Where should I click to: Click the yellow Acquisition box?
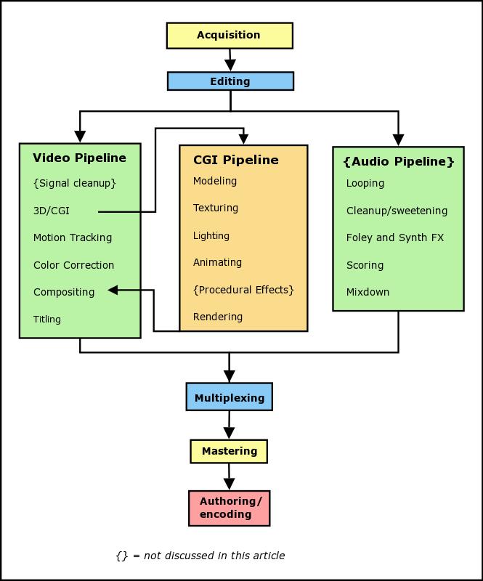click(230, 35)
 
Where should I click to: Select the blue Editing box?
click(230, 81)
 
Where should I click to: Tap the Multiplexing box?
click(230, 398)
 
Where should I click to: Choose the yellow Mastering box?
click(230, 451)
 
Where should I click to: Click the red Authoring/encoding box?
click(230, 508)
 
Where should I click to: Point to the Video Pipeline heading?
click(79, 158)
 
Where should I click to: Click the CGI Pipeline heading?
click(235, 160)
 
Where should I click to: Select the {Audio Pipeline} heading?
click(398, 161)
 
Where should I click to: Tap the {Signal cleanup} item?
click(74, 183)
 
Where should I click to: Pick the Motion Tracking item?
click(73, 237)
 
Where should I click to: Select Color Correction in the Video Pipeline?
click(73, 265)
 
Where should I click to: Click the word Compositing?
click(64, 292)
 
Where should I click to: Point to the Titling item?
click(47, 319)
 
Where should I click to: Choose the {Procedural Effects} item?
click(243, 290)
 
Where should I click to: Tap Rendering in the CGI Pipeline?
click(218, 317)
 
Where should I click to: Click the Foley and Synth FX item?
click(394, 237)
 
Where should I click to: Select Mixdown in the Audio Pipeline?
click(368, 292)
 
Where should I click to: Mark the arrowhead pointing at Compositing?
click(113, 290)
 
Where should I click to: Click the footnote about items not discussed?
click(200, 556)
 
